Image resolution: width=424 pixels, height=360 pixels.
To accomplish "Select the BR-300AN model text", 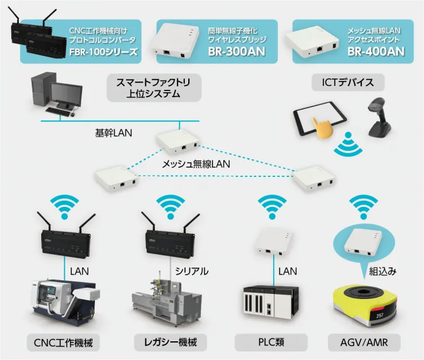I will pyautogui.click(x=236, y=52).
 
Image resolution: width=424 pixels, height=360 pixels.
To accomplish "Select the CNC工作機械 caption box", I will pyautogui.click(x=63, y=342).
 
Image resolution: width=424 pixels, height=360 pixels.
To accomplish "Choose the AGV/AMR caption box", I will pyautogui.click(x=365, y=342).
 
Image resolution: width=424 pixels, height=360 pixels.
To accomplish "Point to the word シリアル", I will pyautogui.click(x=192, y=271).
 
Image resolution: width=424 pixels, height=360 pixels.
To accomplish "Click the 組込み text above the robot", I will pyautogui.click(x=383, y=271).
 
